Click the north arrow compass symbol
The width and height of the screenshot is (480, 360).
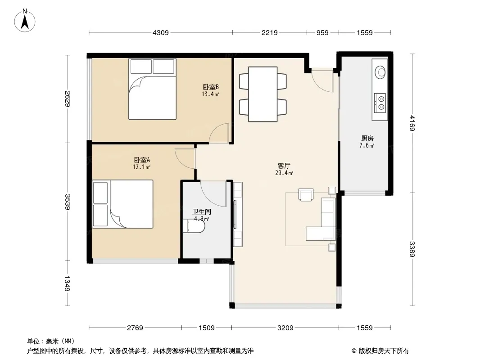(x=25, y=21)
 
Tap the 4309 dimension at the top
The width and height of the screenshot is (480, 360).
(x=160, y=33)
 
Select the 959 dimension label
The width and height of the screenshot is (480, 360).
(x=322, y=33)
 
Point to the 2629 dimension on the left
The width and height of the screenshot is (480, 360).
(x=68, y=99)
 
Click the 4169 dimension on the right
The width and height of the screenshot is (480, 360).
(x=412, y=123)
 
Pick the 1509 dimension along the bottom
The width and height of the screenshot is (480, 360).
(x=207, y=328)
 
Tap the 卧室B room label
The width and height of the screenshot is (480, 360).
(x=211, y=87)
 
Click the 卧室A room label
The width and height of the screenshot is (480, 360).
(x=142, y=160)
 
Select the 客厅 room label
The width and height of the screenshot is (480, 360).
(x=284, y=166)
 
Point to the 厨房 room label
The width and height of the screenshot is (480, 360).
(x=367, y=139)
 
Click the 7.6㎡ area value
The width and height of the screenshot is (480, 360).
(x=367, y=146)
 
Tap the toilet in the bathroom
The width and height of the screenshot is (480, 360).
(x=194, y=226)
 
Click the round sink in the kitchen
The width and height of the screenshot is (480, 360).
(x=380, y=72)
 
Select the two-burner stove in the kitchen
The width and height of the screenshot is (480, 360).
(x=380, y=103)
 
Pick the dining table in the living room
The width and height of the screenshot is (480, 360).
(x=263, y=94)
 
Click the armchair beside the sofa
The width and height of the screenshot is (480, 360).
(x=306, y=195)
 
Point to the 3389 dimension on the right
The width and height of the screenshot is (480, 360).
(x=412, y=249)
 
